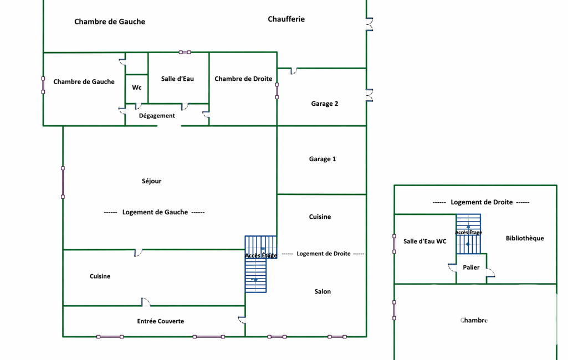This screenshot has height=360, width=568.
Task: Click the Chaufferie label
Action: click(x=286, y=19)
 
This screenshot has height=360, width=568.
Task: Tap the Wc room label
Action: click(x=137, y=88)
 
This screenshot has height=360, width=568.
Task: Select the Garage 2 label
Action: click(x=325, y=104)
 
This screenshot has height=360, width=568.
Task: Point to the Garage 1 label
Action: click(x=323, y=159)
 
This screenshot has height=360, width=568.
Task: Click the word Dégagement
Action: click(x=157, y=116)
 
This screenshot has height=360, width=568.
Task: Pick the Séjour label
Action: click(x=151, y=181)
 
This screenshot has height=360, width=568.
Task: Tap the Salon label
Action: click(x=323, y=291)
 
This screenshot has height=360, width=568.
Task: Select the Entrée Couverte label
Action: click(x=161, y=321)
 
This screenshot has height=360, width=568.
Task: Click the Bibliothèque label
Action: click(x=525, y=238)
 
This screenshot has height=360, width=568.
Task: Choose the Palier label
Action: click(x=471, y=268)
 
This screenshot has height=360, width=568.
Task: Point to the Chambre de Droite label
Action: click(x=243, y=79)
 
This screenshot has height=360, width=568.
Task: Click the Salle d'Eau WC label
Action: click(x=424, y=241)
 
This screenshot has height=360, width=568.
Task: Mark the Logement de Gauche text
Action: click(x=155, y=212)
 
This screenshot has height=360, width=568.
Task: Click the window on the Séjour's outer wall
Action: click(x=63, y=182)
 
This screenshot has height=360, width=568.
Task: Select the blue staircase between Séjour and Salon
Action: click(x=257, y=264)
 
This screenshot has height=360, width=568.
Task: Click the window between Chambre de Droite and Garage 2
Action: click(x=277, y=91)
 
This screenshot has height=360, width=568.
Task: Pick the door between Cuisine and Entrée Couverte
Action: click(x=145, y=302)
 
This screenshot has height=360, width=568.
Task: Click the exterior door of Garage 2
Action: click(x=369, y=95)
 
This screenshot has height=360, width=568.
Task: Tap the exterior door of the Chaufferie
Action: click(x=369, y=25)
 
